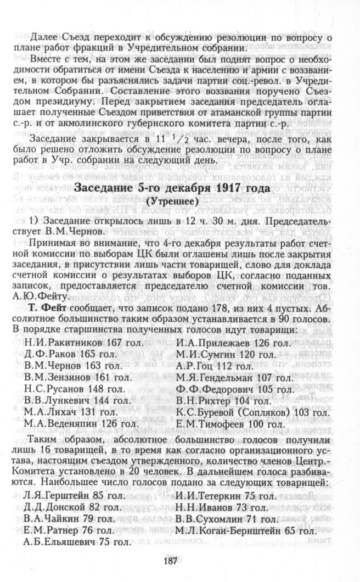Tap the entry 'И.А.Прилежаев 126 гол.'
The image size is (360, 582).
click(233, 343)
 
